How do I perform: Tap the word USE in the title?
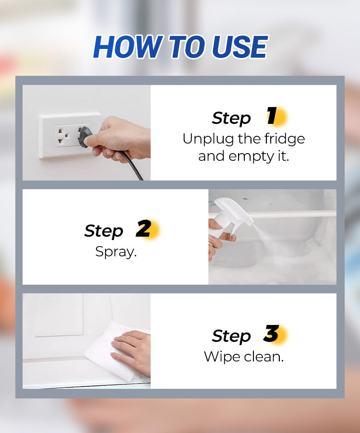click(240, 47)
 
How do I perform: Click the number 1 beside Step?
click(272, 116)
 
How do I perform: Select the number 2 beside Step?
click(144, 229)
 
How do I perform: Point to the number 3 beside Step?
click(271, 333)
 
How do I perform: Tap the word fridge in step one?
click(285, 139)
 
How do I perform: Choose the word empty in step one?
click(251, 156)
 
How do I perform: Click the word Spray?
click(116, 252)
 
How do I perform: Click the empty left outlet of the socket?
click(61, 136)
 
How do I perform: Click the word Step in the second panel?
click(104, 231)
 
